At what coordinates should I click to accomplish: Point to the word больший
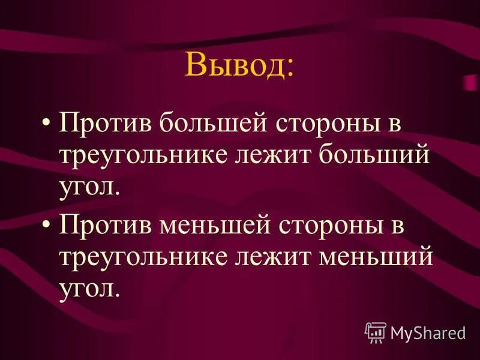374,154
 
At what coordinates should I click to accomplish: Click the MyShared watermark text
428,331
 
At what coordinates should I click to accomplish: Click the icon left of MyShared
375,331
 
